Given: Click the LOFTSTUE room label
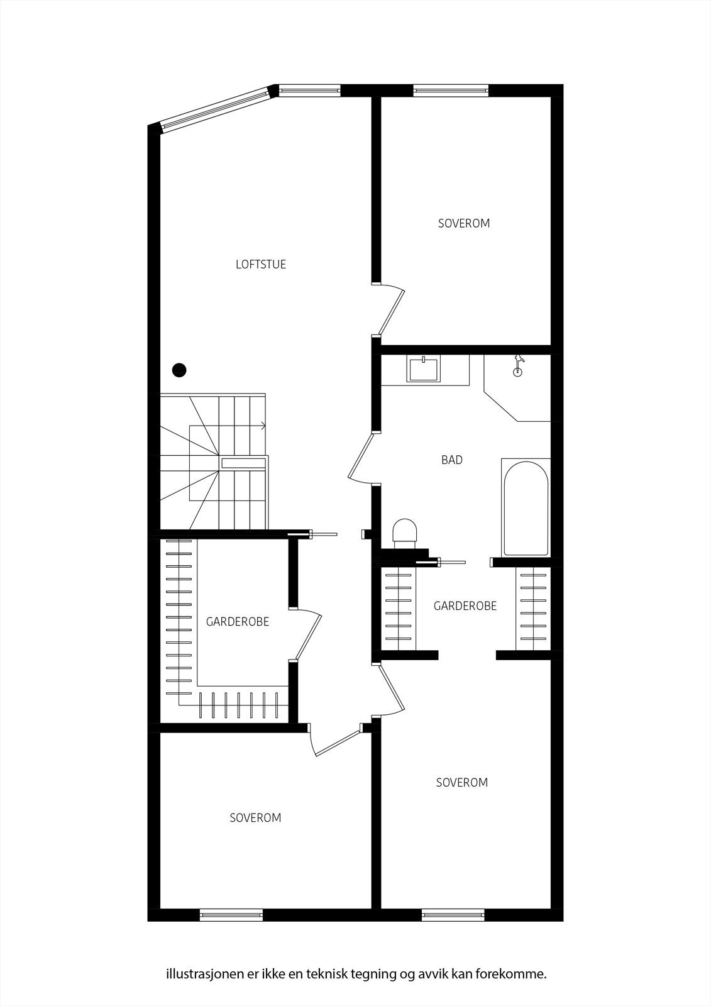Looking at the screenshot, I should point(261,265).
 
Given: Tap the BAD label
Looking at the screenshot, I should point(451,460).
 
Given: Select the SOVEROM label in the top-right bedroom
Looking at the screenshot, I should point(464,223).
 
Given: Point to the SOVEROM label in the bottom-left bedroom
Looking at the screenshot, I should point(255,818).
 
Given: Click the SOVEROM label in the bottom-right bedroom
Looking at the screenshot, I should point(462,783).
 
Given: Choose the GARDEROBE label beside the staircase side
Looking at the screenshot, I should point(238,622).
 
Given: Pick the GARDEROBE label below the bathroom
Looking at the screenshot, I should point(465,606).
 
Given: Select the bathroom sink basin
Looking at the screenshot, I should point(424,369).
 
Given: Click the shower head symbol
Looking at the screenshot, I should point(518,365).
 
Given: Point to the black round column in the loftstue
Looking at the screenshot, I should point(180,370).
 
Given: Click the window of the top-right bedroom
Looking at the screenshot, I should point(450,91).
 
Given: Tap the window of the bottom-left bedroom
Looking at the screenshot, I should point(231,915).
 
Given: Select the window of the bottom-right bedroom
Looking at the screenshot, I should point(453,915).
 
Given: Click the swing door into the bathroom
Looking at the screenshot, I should point(362,458).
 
